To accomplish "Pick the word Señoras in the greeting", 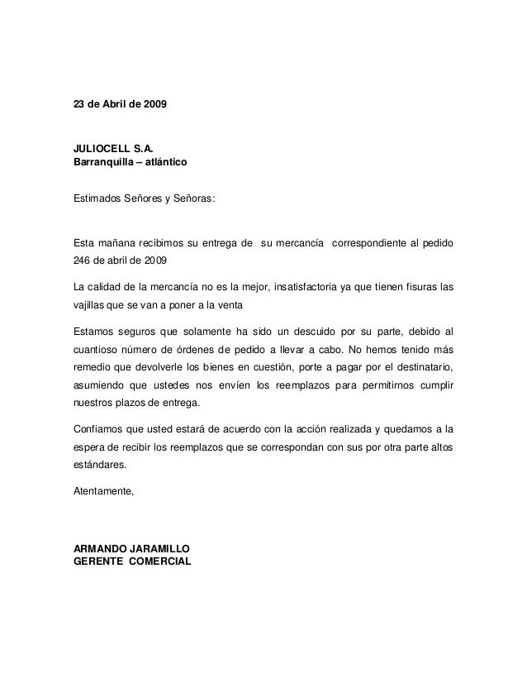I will click(194, 200).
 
